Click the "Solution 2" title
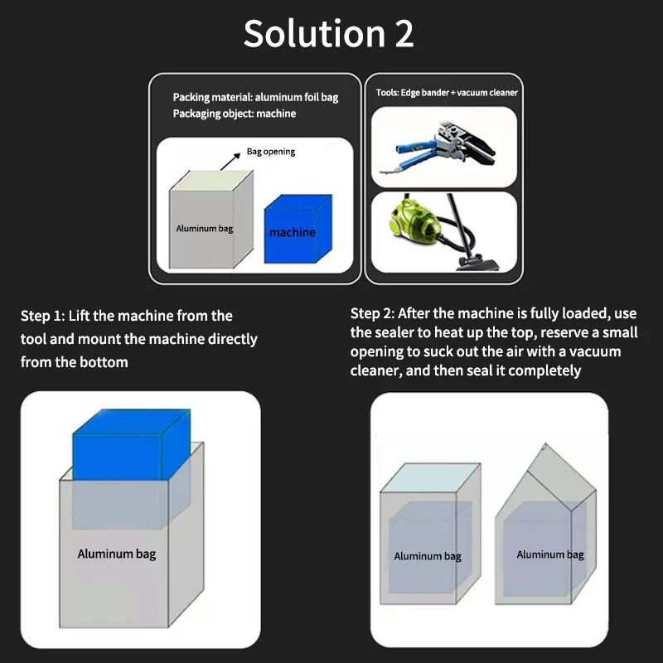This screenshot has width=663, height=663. pyautogui.click(x=328, y=33)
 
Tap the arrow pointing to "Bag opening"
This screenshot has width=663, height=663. pyautogui.click(x=230, y=162)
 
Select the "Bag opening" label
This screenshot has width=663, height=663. pyautogui.click(x=271, y=152)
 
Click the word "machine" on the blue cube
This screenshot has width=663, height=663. pyautogui.click(x=293, y=232)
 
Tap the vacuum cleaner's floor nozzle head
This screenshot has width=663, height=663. pyautogui.click(x=478, y=264)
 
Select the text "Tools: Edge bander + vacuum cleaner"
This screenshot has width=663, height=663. pyautogui.click(x=447, y=93)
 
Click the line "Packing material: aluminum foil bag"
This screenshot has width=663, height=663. pyautogui.click(x=255, y=97)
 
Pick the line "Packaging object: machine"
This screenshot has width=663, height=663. pyautogui.click(x=235, y=114)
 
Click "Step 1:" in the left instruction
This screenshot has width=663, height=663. pyautogui.click(x=43, y=316)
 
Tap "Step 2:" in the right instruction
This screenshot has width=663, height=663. pyautogui.click(x=372, y=313)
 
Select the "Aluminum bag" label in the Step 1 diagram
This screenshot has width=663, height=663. pyautogui.click(x=117, y=554)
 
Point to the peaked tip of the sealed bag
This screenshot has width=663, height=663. pyautogui.click(x=544, y=444)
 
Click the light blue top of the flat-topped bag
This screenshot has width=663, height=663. pyautogui.click(x=430, y=478)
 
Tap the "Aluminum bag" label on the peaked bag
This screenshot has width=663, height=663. pyautogui.click(x=550, y=554)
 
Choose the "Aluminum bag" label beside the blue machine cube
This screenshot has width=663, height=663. pyautogui.click(x=204, y=229)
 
